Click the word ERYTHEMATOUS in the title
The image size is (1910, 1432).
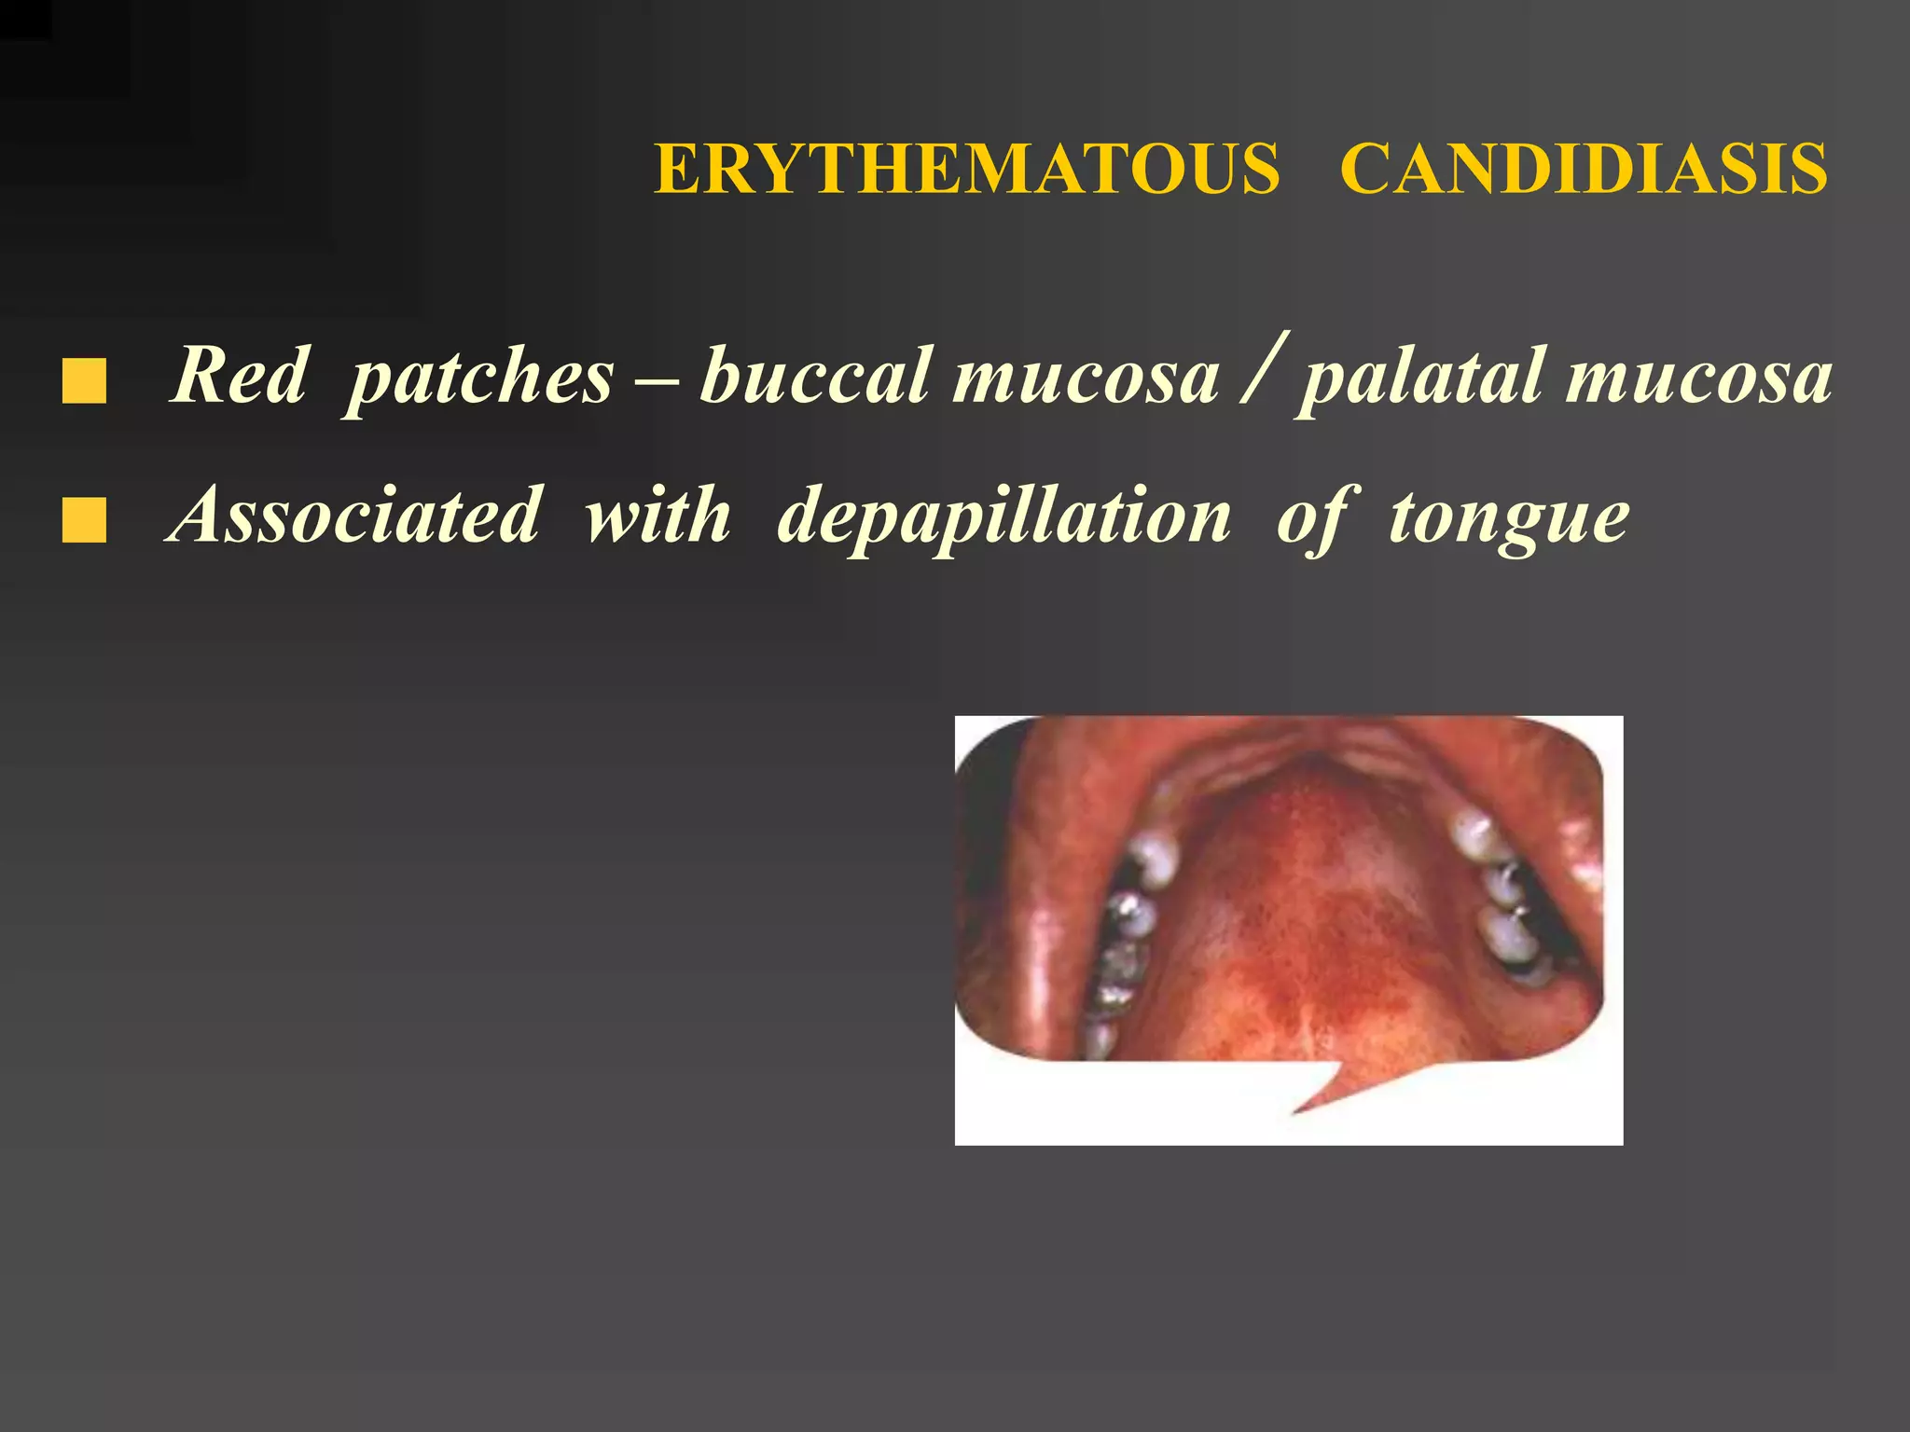pos(967,170)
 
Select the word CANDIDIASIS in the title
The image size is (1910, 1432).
pos(1584,170)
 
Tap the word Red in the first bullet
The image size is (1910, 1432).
pos(239,375)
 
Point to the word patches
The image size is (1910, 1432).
pos(479,377)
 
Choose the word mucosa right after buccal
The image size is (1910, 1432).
pos(1085,377)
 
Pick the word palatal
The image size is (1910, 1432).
pos(1421,377)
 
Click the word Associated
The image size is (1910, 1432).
pos(354,515)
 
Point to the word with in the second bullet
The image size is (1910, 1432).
pos(657,515)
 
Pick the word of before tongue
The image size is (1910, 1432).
pos(1317,516)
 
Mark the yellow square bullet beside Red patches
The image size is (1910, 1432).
pos(84,382)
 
